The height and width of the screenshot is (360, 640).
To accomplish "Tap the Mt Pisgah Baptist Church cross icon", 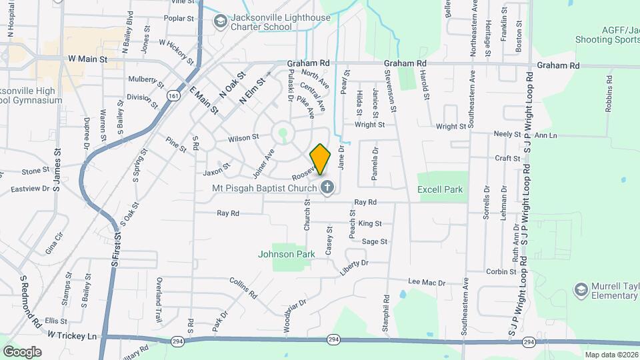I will point(327,187).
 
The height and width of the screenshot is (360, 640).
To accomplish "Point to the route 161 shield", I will point(173,96).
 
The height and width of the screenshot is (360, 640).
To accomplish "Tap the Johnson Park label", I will point(287,254).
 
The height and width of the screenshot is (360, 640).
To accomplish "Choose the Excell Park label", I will point(440,189).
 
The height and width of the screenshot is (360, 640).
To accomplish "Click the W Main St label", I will point(87,59).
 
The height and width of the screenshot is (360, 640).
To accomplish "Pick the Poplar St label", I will point(179,19).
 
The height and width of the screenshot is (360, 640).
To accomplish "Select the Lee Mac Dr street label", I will point(426,283).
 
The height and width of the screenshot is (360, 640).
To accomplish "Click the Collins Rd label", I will point(243,287).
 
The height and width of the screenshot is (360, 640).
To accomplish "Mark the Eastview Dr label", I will point(30,189).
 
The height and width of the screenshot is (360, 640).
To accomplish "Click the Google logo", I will point(22,351).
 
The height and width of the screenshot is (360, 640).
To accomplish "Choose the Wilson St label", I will point(243,138).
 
